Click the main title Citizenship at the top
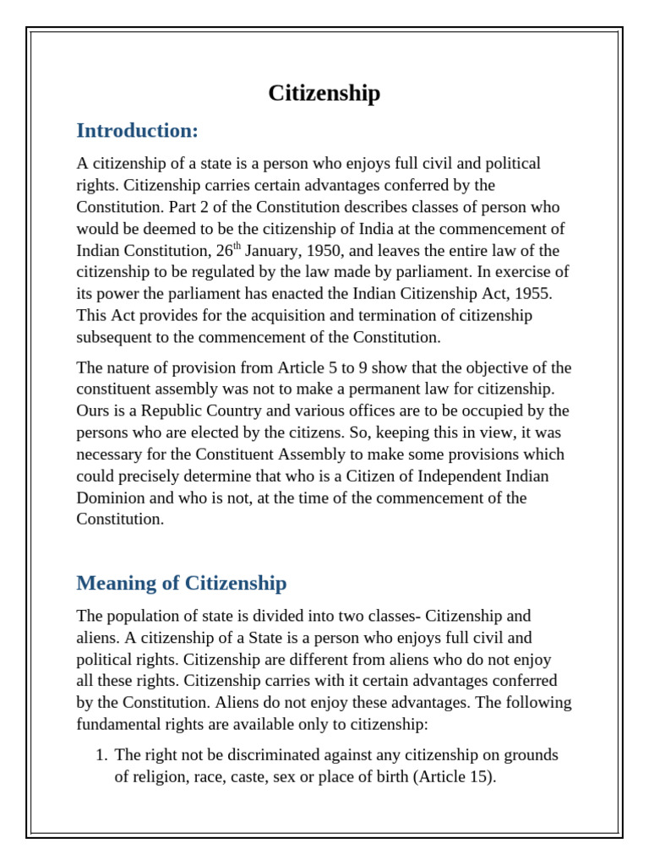(x=324, y=93)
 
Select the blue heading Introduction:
(x=137, y=131)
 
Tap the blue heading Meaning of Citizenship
(x=181, y=583)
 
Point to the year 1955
(x=532, y=294)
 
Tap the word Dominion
(x=110, y=498)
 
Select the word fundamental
(x=116, y=724)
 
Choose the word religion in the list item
(x=161, y=776)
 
